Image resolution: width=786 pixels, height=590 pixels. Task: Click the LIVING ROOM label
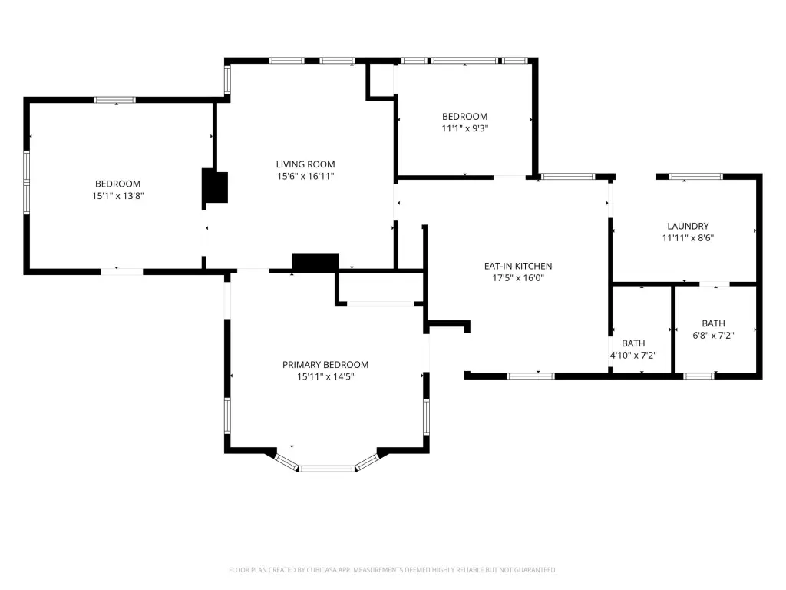click(305, 164)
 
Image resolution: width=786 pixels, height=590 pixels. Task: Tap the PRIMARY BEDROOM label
click(325, 365)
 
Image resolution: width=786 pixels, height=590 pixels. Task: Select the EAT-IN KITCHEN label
click(518, 266)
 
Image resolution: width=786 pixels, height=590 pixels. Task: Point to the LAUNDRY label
click(688, 227)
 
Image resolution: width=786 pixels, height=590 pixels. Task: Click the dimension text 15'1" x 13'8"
click(117, 196)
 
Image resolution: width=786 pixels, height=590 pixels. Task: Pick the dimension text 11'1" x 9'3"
click(464, 128)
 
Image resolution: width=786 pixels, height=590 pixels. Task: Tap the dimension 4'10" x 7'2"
click(633, 355)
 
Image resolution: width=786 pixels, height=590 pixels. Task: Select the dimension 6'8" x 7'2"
click(713, 335)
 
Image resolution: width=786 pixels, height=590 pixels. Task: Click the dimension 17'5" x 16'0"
click(518, 278)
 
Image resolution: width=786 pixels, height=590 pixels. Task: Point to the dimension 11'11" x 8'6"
click(688, 238)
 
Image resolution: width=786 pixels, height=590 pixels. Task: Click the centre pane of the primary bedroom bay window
click(327, 469)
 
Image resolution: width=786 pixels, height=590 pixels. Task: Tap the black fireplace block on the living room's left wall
click(215, 186)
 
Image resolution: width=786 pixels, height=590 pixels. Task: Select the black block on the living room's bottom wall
click(315, 263)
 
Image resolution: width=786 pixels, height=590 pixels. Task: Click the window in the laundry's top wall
click(696, 177)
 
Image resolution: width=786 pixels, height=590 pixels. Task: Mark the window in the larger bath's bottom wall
click(698, 376)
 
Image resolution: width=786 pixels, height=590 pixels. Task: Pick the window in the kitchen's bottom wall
click(531, 376)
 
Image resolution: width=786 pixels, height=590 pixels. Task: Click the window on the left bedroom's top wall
click(115, 100)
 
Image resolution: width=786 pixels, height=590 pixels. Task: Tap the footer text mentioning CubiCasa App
click(392, 570)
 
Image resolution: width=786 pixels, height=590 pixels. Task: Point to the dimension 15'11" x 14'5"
click(325, 376)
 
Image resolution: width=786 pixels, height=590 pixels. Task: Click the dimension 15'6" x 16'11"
click(305, 176)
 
